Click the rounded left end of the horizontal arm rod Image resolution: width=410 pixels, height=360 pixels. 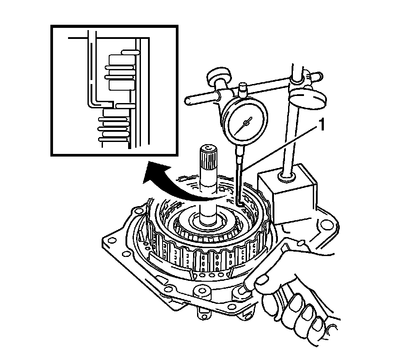(x=189, y=101)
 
